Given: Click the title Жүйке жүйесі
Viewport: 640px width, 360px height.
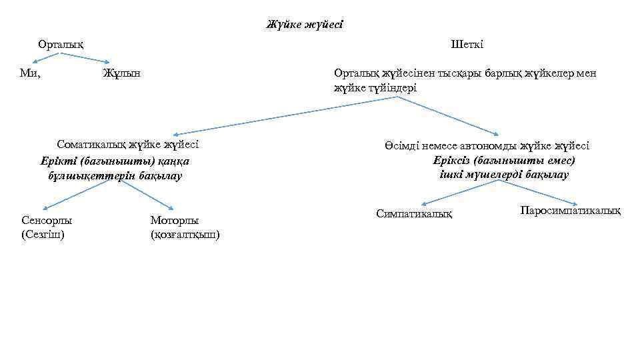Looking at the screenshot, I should point(305,25).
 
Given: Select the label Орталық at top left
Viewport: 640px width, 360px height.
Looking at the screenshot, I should point(61,45).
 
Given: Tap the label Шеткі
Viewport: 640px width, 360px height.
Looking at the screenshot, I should point(467,45).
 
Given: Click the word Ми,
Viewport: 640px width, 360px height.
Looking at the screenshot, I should point(31,73).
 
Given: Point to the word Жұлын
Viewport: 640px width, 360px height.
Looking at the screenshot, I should point(121,73).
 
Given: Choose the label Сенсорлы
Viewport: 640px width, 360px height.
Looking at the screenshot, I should point(47,220).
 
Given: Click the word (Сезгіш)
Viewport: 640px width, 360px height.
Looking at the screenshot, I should point(43,234).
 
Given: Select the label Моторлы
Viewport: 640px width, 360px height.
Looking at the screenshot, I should point(175,220).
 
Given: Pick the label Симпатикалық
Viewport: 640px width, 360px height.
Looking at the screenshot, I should point(414,214).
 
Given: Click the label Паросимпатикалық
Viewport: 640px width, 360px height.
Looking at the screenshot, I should point(570,211).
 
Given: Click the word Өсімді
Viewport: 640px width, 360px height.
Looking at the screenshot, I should point(401,146).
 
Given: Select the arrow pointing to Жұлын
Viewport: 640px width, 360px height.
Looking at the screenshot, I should point(87,59).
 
